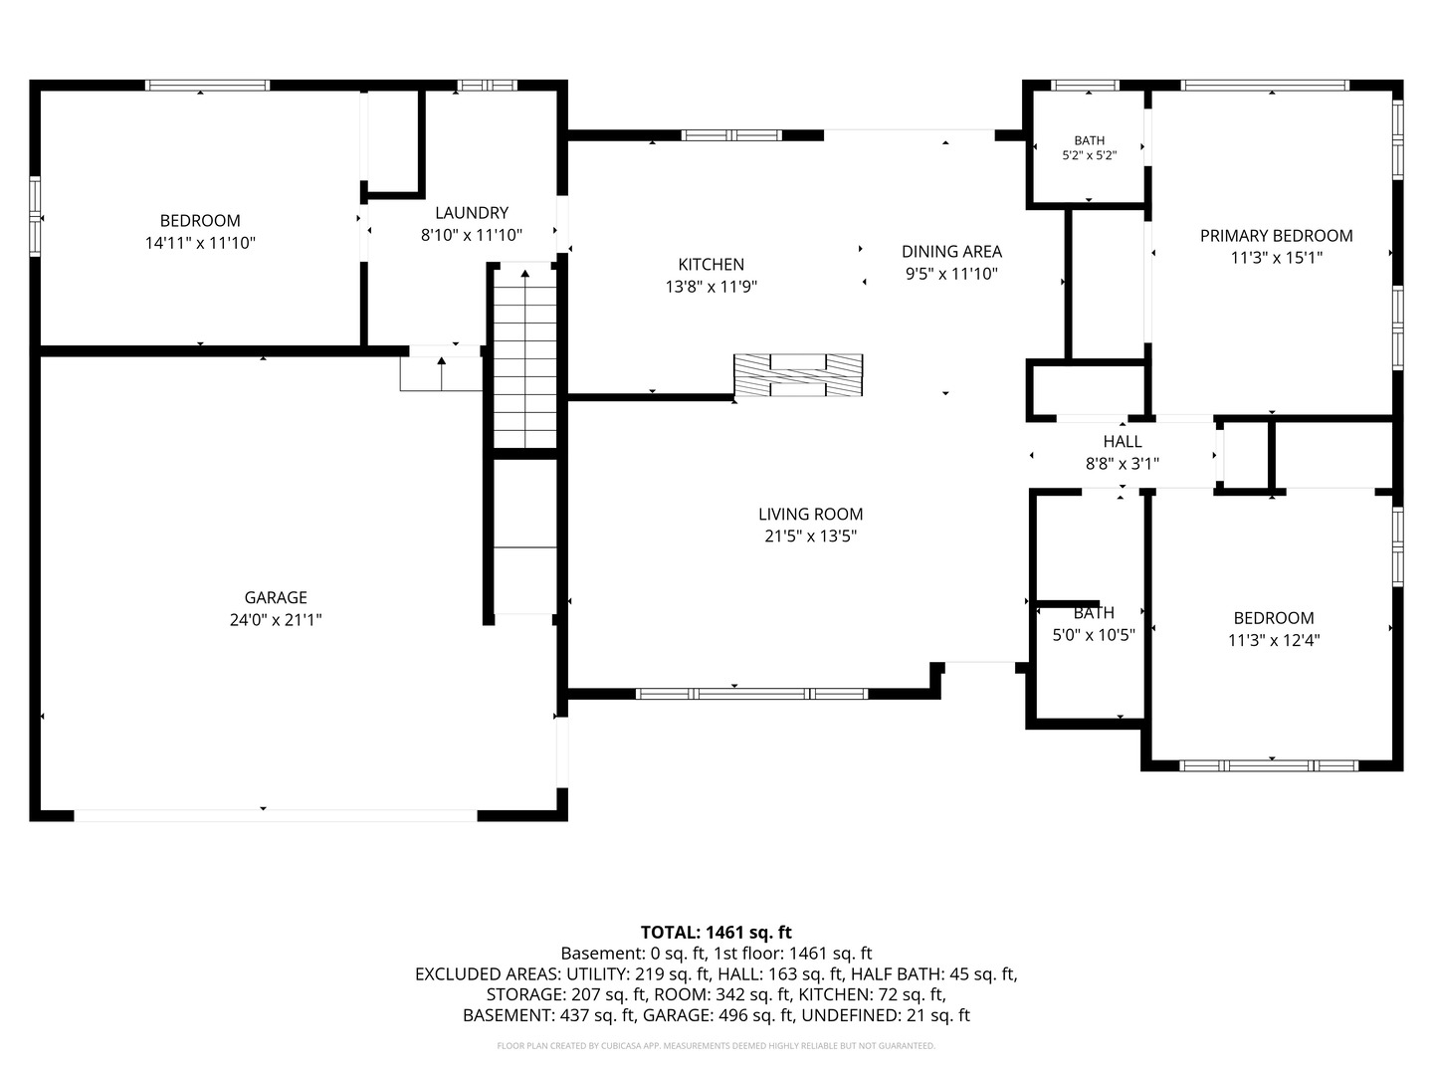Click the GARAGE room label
point(276,597)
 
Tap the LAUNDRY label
point(472,213)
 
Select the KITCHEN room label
point(711,265)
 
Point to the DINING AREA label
point(951,251)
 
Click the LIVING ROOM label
point(810,515)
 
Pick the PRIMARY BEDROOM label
point(1277,236)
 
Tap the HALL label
point(1123,442)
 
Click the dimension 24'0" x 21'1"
point(276,620)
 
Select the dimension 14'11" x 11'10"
point(200,244)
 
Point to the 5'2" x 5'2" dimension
point(1089,156)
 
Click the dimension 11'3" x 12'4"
point(1274,640)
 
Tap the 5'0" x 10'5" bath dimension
point(1094,634)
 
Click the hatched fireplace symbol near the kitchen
point(798,375)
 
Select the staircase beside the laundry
point(524,356)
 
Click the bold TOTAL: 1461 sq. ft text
point(716,932)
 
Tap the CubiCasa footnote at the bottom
point(716,1045)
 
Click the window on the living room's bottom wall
point(752,694)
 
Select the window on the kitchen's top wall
point(731,135)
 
